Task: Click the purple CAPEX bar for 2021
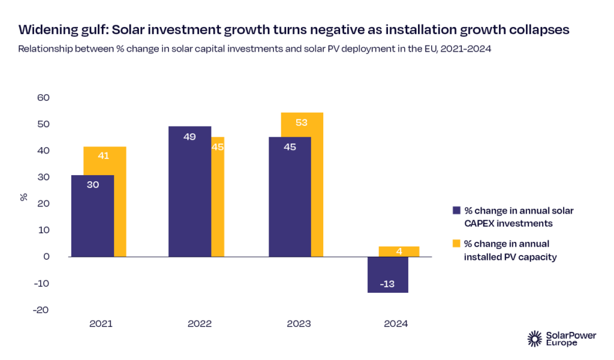(92, 216)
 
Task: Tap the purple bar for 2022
(189, 191)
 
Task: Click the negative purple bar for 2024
(387, 274)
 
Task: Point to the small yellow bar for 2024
(399, 251)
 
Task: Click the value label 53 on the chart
(302, 123)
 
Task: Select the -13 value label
(387, 284)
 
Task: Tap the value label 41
(104, 156)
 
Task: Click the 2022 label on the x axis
(200, 324)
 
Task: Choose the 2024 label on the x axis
(395, 324)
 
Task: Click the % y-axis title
(25, 197)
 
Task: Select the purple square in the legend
(456, 211)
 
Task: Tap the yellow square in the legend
(456, 244)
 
